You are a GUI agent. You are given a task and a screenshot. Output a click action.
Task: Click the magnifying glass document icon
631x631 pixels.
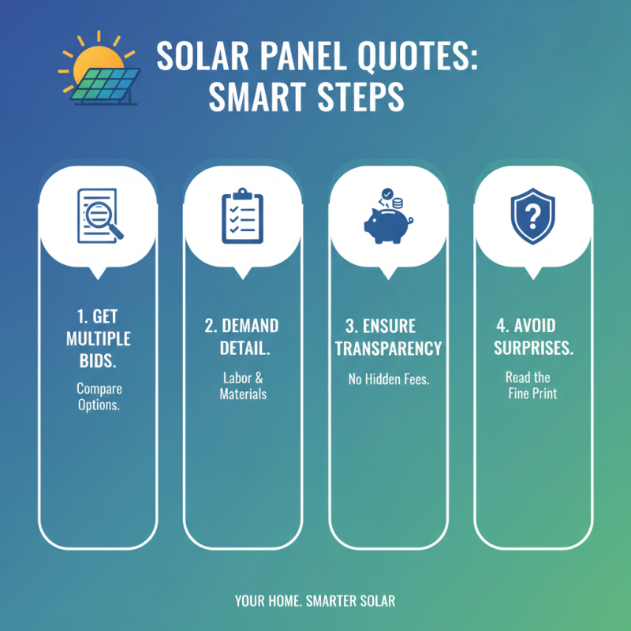point(99,215)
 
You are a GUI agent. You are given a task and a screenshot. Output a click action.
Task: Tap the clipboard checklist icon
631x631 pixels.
point(243,215)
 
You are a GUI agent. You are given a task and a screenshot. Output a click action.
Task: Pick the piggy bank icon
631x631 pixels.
point(385,222)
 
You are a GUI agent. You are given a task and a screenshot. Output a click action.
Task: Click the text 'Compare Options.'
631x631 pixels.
point(99,397)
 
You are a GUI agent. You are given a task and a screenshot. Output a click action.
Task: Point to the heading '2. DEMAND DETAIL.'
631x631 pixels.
point(243,337)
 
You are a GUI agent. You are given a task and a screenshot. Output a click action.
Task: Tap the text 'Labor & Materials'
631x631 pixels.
point(243,386)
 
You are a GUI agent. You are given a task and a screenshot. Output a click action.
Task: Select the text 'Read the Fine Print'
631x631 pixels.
point(532,385)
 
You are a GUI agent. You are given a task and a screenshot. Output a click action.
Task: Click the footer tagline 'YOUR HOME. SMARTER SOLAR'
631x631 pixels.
point(315,601)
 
